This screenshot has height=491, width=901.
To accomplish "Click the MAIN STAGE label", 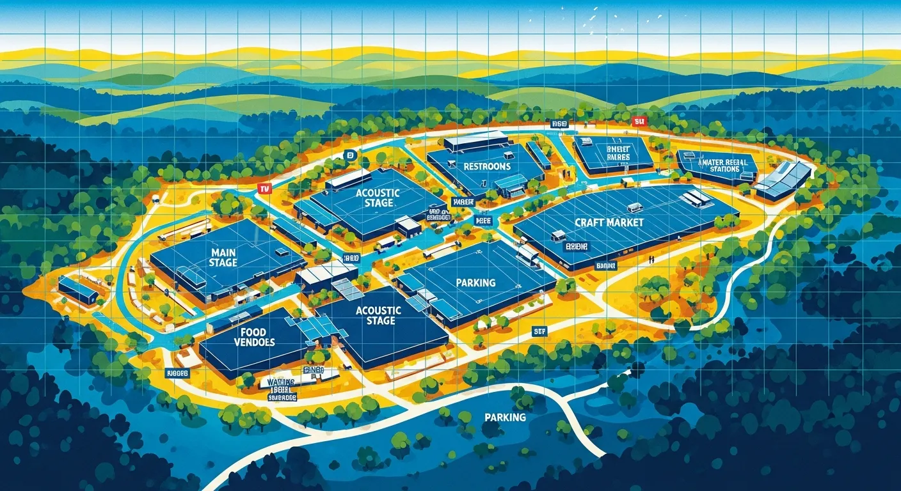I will pyautogui.click(x=223, y=258).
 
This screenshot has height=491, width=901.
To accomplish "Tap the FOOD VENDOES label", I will pyautogui.click(x=258, y=337).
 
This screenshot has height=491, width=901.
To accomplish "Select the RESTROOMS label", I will pyautogui.click(x=487, y=166).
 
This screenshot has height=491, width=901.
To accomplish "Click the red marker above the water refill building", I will pyautogui.click(x=638, y=121).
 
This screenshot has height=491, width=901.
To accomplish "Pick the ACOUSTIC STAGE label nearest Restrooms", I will pyautogui.click(x=377, y=198).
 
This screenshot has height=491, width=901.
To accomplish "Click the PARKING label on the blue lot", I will pyautogui.click(x=476, y=282).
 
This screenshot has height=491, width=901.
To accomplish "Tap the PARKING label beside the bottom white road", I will pyautogui.click(x=505, y=417).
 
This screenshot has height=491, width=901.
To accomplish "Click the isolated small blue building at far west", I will pyautogui.click(x=77, y=290).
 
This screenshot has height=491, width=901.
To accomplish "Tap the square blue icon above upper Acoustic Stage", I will pyautogui.click(x=349, y=155).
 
